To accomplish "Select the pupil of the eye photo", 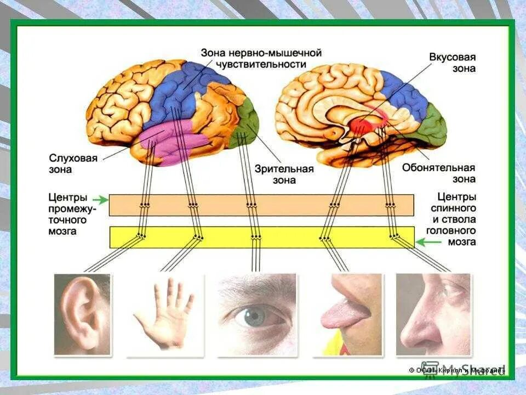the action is (x=254, y=317).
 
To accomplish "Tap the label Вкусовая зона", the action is (x=452, y=63).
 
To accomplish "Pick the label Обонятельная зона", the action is (x=438, y=173).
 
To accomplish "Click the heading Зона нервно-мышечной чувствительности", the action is (x=261, y=59).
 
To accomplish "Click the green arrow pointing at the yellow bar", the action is (x=424, y=241).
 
